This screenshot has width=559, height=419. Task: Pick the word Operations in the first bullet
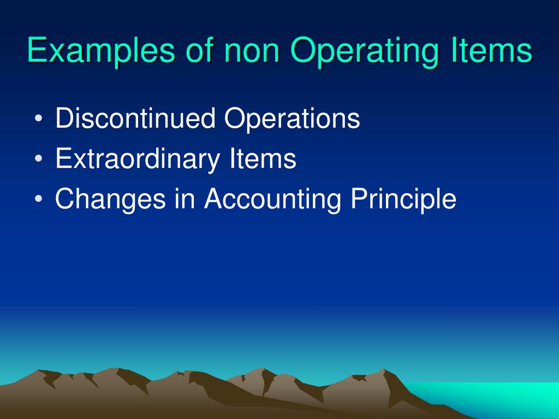tap(293, 119)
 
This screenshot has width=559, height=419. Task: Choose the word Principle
tap(403, 200)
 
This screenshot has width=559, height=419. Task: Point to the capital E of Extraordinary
tap(62, 159)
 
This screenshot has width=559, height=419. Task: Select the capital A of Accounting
tap(214, 200)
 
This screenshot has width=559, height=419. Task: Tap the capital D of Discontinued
tap(64, 119)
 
